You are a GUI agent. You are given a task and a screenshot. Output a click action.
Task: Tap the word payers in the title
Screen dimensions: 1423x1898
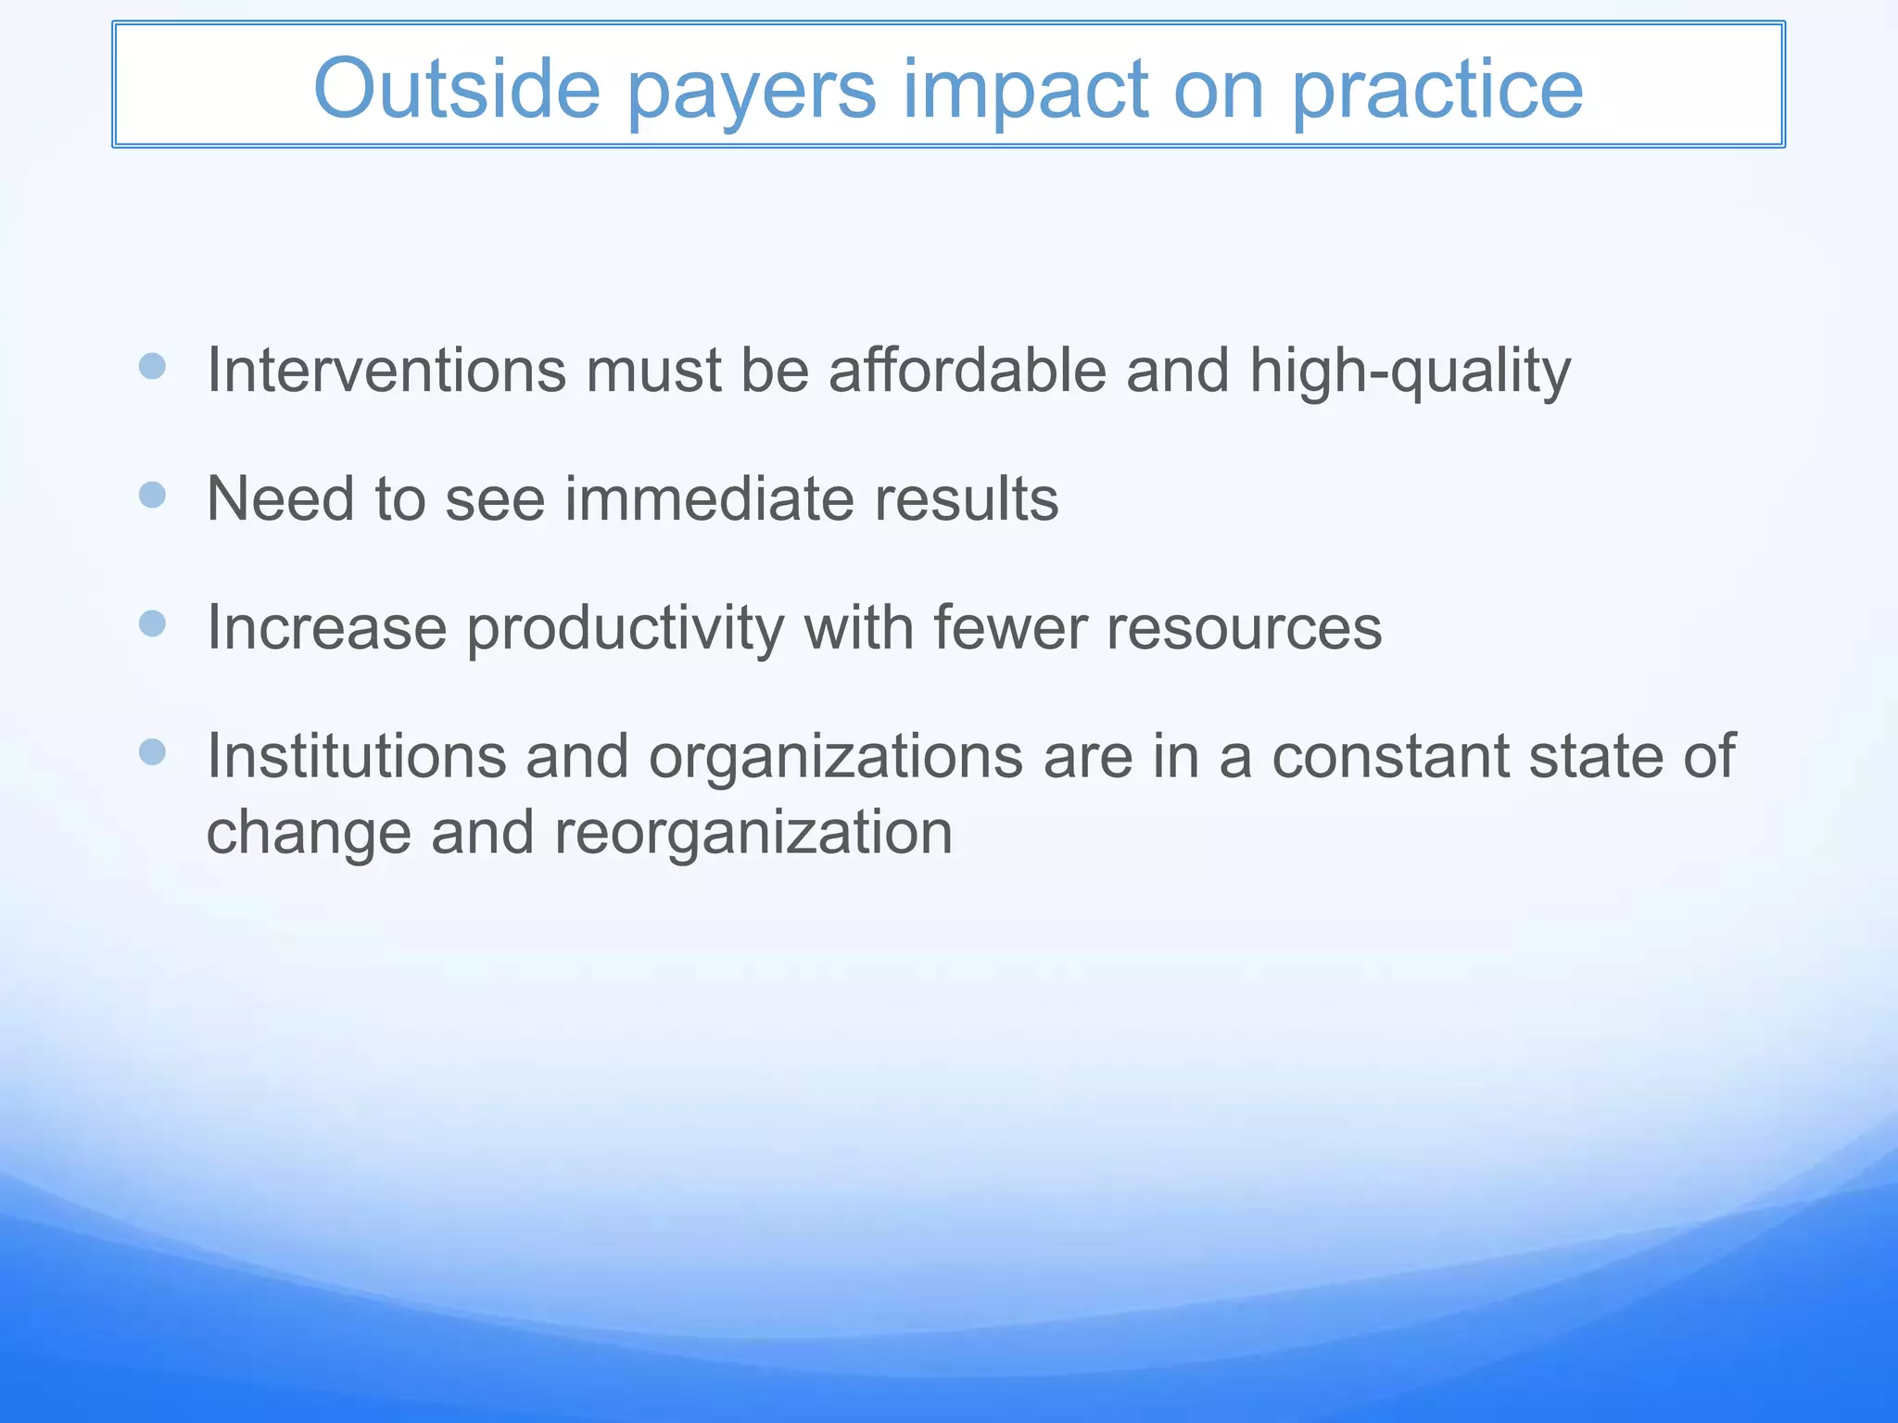pyautogui.click(x=751, y=91)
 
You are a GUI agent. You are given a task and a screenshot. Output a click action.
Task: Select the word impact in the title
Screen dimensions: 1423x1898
pyautogui.click(x=1025, y=91)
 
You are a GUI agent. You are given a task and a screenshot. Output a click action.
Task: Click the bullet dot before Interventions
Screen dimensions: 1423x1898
pyautogui.click(x=152, y=366)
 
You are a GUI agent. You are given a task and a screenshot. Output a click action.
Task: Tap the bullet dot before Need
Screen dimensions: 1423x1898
pyautogui.click(x=152, y=495)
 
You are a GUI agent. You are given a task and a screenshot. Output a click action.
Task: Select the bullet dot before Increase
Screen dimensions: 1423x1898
pyautogui.click(x=152, y=623)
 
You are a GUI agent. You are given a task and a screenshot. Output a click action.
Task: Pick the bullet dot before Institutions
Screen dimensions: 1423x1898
pyautogui.click(x=152, y=751)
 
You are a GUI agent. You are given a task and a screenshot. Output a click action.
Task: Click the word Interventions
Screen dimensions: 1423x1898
pyautogui.click(x=386, y=370)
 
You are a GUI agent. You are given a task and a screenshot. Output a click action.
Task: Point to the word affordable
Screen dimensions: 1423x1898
pyautogui.click(x=967, y=370)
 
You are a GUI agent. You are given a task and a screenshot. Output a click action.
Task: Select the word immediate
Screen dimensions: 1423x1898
pyautogui.click(x=708, y=498)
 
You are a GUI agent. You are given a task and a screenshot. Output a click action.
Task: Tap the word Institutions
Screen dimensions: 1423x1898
pyautogui.click(x=357, y=756)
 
